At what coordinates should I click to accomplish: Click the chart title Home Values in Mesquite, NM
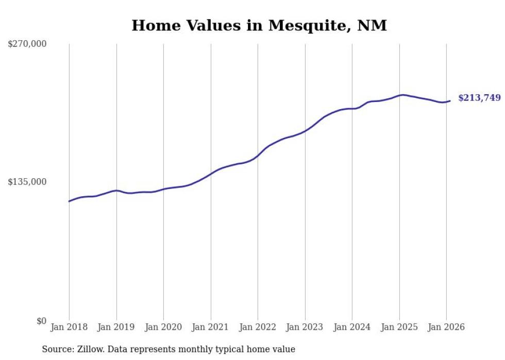pyautogui.click(x=259, y=25)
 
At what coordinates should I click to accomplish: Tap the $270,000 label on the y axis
pyautogui.click(x=27, y=44)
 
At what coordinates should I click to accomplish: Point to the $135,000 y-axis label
pyautogui.click(x=27, y=182)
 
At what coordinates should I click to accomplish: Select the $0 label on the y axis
pyautogui.click(x=41, y=321)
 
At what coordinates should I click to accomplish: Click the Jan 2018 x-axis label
pyautogui.click(x=69, y=327)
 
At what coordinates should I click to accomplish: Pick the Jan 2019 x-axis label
pyautogui.click(x=116, y=327)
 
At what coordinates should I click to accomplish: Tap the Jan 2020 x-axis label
pyautogui.click(x=163, y=327)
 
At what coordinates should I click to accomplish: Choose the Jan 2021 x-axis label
pyautogui.click(x=211, y=327)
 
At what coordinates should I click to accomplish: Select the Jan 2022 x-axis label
pyautogui.click(x=258, y=327)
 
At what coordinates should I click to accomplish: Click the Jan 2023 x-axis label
pyautogui.click(x=305, y=327)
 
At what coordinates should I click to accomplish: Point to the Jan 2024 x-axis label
pyautogui.click(x=352, y=327)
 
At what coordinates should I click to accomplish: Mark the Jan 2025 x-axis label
pyautogui.click(x=399, y=327)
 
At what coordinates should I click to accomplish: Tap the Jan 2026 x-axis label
pyautogui.click(x=446, y=327)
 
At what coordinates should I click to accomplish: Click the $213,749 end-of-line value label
pyautogui.click(x=479, y=98)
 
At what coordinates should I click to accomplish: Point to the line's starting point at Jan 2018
pyautogui.click(x=69, y=201)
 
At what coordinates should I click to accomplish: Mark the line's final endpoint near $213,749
pyautogui.click(x=450, y=101)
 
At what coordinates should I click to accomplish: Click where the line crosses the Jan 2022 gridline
pyautogui.click(x=258, y=156)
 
